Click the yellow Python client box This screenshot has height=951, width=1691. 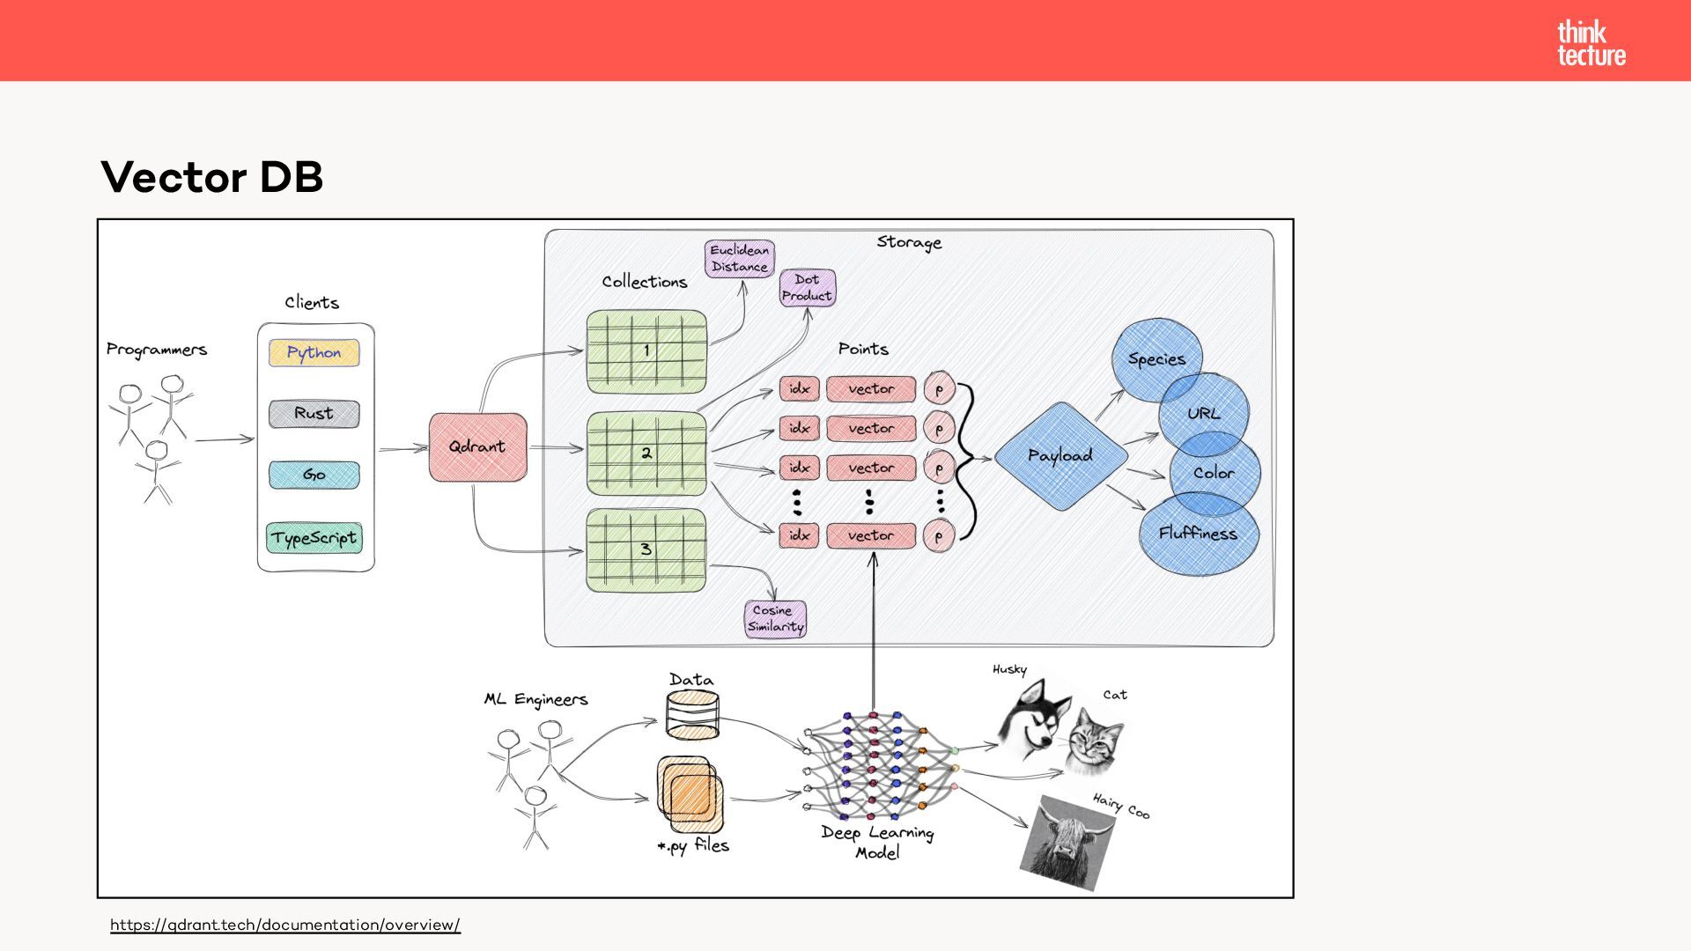pos(314,353)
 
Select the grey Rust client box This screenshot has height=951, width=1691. pos(314,414)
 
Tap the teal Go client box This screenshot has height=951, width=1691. pos(314,475)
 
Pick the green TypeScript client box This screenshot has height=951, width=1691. pos(314,538)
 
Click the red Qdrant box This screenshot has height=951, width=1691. pos(477,447)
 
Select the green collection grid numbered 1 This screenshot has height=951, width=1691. pos(646,351)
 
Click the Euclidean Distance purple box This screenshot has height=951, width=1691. pos(740,259)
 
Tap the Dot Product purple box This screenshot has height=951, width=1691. pos(807,288)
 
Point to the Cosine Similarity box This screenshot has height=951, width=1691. pos(775,619)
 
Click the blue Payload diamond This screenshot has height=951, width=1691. pos(1061,456)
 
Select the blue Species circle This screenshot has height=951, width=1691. pos(1156,360)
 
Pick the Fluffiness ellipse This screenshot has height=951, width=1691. pos(1199,534)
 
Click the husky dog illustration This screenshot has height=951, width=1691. pos(1032,717)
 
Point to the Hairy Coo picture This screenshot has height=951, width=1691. pos(1066,843)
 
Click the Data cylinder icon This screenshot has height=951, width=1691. pos(692,715)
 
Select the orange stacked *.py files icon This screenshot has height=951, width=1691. pos(690,794)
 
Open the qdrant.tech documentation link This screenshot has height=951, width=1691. pos(285,925)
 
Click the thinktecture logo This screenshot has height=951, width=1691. pos(1591,44)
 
